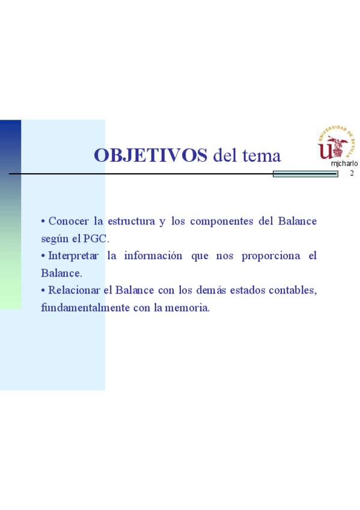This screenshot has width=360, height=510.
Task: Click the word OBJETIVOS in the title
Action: point(150,155)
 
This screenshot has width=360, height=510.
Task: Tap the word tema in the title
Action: point(261,156)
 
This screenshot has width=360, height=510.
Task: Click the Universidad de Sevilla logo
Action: point(336,143)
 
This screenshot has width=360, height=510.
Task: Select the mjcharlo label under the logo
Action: point(344,164)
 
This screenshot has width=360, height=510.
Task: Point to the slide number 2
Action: point(352,173)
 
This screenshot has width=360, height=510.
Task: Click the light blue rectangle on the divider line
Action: point(305,174)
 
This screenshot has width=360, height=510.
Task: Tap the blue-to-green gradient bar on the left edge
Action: point(10,214)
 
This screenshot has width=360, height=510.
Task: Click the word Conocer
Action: point(69,221)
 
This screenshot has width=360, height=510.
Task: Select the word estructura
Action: point(131,221)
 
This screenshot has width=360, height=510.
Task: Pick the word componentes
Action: point(222,221)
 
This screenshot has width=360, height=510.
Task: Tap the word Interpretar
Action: point(73,256)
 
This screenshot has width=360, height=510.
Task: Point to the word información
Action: point(153,256)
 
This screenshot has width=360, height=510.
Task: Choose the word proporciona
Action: point(271,256)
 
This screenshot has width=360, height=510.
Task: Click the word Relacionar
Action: point(74,290)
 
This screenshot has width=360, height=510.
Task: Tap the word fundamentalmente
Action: point(85,307)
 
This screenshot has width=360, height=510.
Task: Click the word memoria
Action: point(187,307)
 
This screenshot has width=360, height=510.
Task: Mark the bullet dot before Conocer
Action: point(43,221)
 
